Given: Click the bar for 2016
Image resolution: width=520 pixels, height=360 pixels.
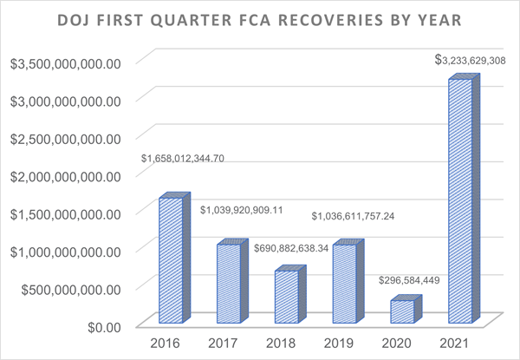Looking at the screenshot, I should coord(171,259).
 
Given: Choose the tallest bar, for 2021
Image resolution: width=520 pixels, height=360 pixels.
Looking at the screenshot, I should coord(459,200).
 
